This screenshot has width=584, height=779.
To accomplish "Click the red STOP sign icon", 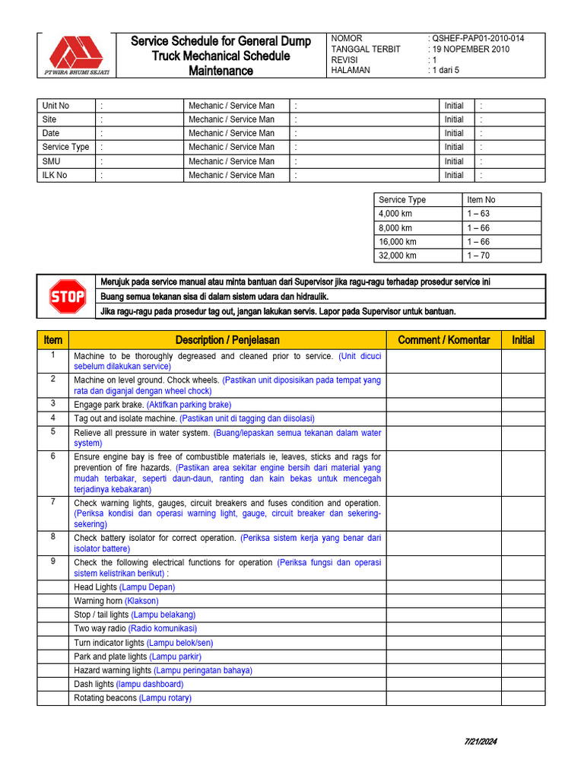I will (x=67, y=297).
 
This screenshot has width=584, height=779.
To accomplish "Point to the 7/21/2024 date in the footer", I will (x=481, y=742).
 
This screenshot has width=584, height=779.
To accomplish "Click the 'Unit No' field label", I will (x=56, y=106).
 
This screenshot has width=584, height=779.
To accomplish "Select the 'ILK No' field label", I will (x=55, y=175).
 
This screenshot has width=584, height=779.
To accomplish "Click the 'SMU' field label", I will (x=52, y=161).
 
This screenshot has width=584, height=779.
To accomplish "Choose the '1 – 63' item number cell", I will (x=480, y=214).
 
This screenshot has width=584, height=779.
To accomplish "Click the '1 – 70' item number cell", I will (x=480, y=256).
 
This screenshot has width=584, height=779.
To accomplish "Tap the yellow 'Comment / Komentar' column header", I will (x=444, y=340).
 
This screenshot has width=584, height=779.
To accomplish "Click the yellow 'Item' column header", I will (x=53, y=340).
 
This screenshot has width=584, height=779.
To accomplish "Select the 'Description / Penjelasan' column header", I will (x=227, y=340).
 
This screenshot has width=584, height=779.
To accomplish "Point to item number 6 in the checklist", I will (x=53, y=456).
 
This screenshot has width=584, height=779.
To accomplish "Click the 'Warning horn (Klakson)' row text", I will (x=116, y=601).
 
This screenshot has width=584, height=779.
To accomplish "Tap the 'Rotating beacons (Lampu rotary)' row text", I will (x=132, y=698).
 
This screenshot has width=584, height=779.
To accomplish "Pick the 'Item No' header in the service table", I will (x=481, y=200).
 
